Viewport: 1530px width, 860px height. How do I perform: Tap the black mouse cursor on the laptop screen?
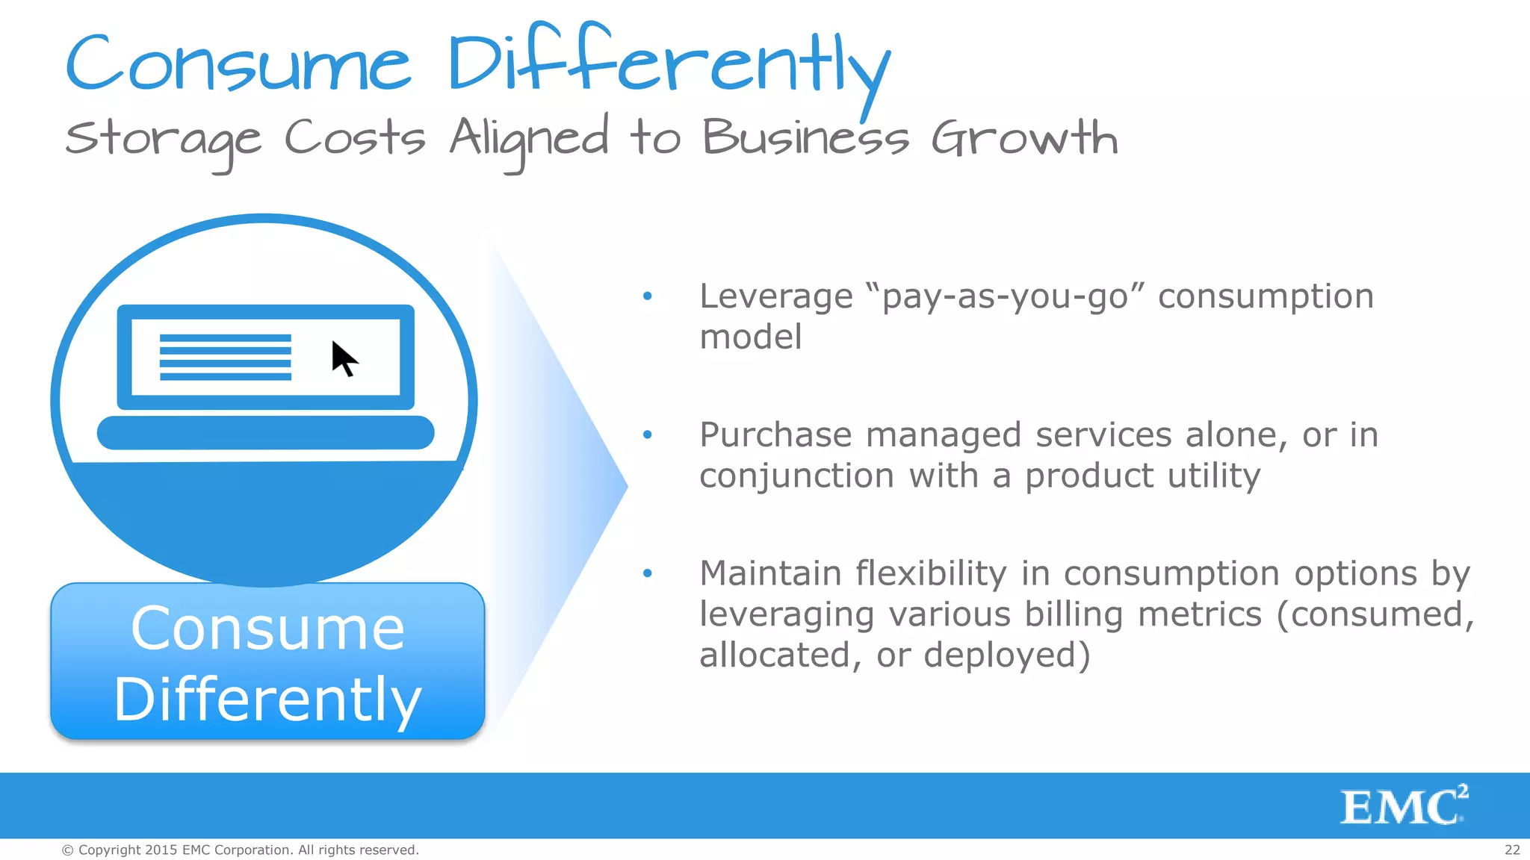pos(344,359)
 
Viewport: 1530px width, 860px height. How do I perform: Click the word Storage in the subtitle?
pos(163,140)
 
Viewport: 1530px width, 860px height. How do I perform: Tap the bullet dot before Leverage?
pos(648,296)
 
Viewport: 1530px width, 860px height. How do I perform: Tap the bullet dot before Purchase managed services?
pos(648,434)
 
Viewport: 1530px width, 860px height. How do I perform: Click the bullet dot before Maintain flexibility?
pos(648,573)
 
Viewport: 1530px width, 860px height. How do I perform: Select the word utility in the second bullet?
pos(1214,476)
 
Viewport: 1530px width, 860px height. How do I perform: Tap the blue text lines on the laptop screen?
pos(225,358)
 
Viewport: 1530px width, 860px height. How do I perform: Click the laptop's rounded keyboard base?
pos(265,433)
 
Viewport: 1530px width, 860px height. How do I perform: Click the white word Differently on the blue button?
pos(267,699)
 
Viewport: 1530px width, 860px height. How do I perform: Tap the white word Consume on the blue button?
pos(267,629)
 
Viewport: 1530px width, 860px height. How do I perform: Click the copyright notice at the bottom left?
pos(240,850)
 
